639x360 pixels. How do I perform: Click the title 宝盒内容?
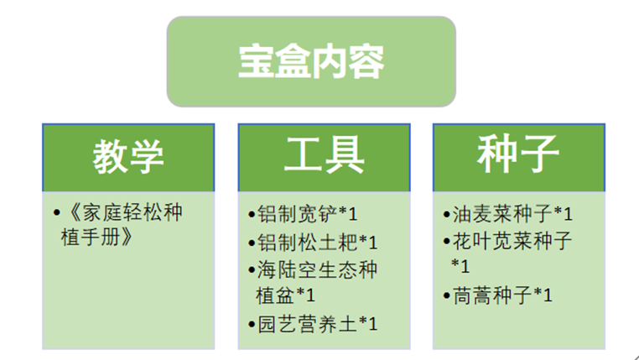click(x=311, y=62)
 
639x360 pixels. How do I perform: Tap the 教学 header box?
click(x=127, y=157)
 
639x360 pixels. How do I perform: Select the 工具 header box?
click(x=324, y=157)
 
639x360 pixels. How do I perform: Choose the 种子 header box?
click(x=518, y=157)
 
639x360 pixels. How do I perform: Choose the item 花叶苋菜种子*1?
click(x=512, y=253)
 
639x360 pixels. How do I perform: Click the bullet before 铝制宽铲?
click(x=252, y=215)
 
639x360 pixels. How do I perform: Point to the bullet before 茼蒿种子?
click(x=447, y=295)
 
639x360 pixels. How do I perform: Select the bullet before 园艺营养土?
click(x=252, y=324)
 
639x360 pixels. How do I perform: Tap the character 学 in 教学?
click(x=148, y=157)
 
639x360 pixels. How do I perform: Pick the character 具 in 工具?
click(x=344, y=157)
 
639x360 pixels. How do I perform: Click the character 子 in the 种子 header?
click(x=538, y=157)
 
